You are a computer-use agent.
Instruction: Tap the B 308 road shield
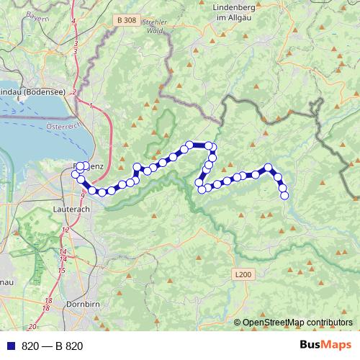pyautogui.click(x=125, y=21)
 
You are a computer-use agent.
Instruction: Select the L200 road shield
pyautogui.click(x=243, y=274)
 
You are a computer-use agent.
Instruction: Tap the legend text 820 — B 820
pyautogui.click(x=52, y=346)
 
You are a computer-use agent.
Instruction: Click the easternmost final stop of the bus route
pyautogui.click(x=284, y=194)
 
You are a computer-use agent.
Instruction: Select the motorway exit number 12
pyautogui.click(x=66, y=230)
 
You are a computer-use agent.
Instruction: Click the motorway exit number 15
pyautogui.click(x=62, y=270)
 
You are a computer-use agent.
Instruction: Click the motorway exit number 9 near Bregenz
pyautogui.click(x=83, y=195)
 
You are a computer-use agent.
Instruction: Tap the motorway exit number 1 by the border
pyautogui.click(x=91, y=106)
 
